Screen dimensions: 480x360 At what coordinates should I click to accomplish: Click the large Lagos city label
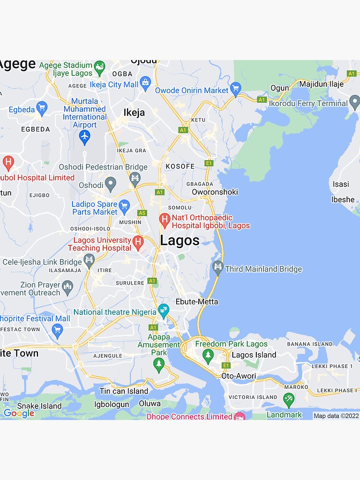click(x=180, y=240)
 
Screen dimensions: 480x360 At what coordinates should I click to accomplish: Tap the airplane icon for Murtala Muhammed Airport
click(x=84, y=136)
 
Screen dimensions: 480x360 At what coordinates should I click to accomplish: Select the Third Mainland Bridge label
click(x=263, y=269)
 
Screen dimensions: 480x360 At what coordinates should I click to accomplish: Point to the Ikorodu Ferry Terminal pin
click(x=354, y=102)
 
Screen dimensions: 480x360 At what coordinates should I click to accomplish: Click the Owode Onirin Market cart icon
click(x=235, y=89)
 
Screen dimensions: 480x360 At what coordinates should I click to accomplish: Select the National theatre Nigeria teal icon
click(x=164, y=311)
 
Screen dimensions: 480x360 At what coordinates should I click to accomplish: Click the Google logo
click(x=19, y=413)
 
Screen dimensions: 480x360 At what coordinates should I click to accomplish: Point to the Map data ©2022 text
click(x=336, y=416)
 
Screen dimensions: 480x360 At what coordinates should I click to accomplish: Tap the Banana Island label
click(x=310, y=344)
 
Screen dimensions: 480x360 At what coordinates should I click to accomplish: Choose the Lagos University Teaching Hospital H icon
click(x=138, y=243)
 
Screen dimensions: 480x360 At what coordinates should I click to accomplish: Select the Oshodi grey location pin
click(x=110, y=183)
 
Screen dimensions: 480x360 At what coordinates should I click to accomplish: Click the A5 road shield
click(x=142, y=213)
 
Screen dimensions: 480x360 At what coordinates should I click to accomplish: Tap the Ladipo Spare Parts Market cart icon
click(x=124, y=207)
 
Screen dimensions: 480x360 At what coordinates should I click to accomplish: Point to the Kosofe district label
click(x=180, y=167)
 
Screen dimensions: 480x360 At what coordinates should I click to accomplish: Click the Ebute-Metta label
click(x=197, y=301)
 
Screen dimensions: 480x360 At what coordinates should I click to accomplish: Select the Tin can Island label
click(x=124, y=391)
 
